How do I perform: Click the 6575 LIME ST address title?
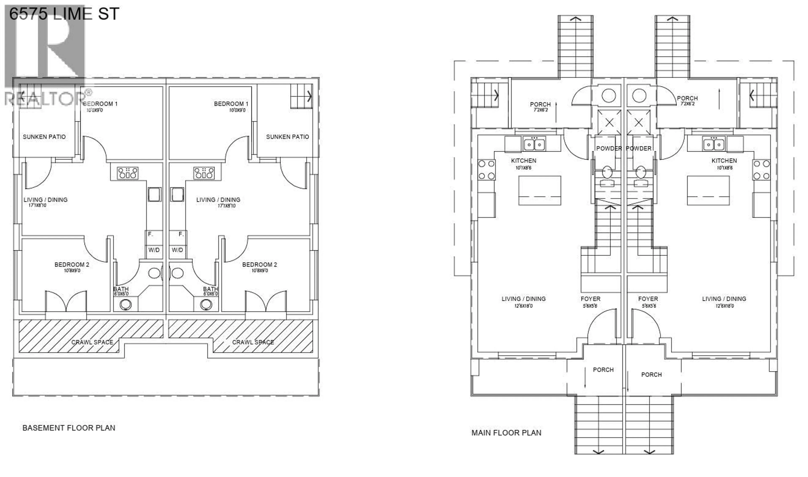click(x=64, y=14)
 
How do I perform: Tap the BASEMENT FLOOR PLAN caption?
click(x=69, y=428)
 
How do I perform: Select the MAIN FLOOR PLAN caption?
click(x=506, y=433)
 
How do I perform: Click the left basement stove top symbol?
click(x=128, y=173)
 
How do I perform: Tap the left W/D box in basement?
click(x=154, y=250)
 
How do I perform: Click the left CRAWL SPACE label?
click(x=92, y=342)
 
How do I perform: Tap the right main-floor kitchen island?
click(x=708, y=190)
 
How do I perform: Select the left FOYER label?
click(x=590, y=299)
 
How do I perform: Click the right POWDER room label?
click(x=638, y=148)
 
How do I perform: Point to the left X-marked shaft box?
click(x=609, y=123)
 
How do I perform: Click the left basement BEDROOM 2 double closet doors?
click(x=66, y=301)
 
